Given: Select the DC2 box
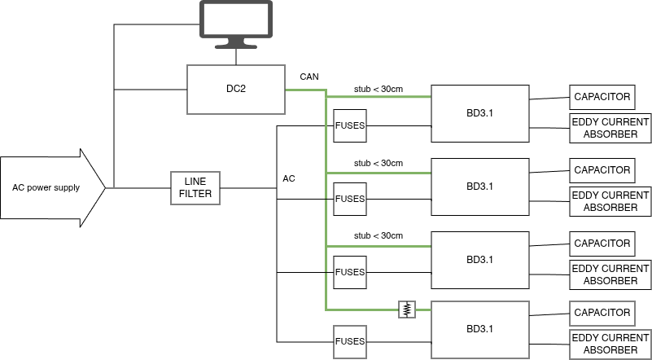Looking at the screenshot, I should (236, 89).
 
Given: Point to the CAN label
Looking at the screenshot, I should (309, 77).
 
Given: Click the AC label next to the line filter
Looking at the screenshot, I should (289, 178).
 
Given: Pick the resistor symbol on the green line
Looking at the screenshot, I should (407, 310).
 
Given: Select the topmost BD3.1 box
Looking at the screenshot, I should (480, 112).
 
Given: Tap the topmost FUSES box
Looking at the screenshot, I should (350, 126).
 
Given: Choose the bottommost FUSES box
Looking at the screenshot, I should (350, 341).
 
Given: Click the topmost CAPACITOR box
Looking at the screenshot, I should (602, 97).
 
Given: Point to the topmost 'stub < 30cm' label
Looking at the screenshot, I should (378, 89).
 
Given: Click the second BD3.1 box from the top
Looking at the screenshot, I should (480, 186).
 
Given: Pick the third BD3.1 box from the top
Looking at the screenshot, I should (480, 260).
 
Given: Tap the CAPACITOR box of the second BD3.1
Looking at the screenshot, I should (602, 170).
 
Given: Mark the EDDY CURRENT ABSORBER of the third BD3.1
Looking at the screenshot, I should (610, 274).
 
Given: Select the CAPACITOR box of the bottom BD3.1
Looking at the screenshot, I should (602, 313).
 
